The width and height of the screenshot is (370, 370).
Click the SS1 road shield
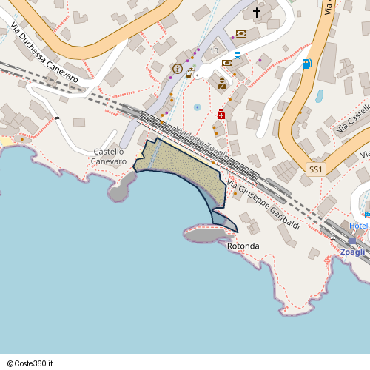[316, 169]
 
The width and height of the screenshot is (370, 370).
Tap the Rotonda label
[243, 246]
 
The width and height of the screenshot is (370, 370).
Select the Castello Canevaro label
[109, 156]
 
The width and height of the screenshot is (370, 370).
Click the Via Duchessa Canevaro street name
[44, 52]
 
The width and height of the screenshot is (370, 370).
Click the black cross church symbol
[258, 12]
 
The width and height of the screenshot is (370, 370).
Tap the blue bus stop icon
[238, 55]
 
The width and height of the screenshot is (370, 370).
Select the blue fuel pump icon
[306, 64]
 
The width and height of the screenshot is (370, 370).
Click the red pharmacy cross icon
[221, 115]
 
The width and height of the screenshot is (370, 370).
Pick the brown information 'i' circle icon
[177, 69]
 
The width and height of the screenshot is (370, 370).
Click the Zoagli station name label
[353, 252]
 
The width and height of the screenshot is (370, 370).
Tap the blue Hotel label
[359, 226]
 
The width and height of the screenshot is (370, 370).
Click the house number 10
[214, 50]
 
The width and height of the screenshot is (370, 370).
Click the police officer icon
[221, 84]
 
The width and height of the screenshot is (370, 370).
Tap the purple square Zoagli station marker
[353, 240]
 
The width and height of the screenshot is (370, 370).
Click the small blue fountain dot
[197, 107]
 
